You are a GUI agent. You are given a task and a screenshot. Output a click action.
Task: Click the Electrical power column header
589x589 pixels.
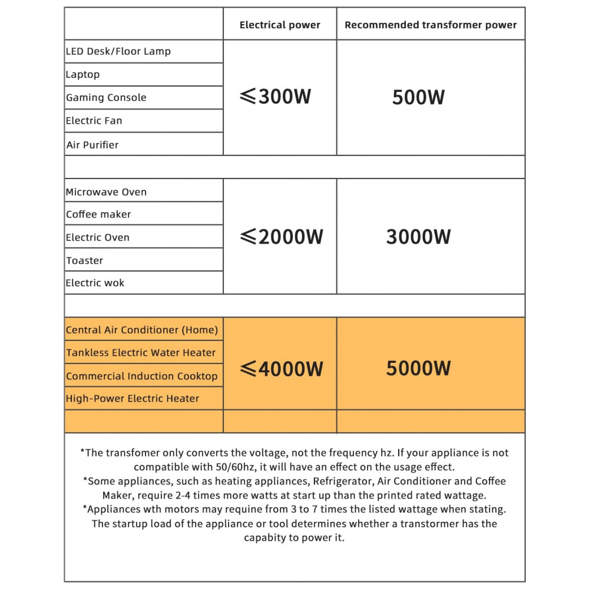click(280, 25)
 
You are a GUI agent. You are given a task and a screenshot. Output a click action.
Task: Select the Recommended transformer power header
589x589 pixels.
click(431, 25)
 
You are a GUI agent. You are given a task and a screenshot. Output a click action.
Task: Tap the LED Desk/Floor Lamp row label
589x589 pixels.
click(118, 51)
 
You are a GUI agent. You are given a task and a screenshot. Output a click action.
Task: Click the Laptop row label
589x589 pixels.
click(83, 74)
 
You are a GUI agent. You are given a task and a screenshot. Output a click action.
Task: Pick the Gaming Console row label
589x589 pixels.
click(106, 97)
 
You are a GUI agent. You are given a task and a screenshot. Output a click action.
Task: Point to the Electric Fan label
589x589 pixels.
click(94, 121)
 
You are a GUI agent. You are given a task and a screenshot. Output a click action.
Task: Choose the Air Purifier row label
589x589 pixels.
click(92, 145)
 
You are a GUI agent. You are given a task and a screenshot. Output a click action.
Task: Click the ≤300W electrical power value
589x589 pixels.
click(276, 97)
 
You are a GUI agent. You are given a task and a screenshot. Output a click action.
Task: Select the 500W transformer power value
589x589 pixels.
click(418, 97)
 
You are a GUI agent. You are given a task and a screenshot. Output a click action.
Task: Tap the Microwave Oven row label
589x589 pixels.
click(107, 192)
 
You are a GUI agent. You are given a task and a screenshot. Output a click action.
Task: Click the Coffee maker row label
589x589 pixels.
click(98, 214)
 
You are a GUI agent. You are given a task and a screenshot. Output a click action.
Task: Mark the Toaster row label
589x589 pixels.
click(85, 260)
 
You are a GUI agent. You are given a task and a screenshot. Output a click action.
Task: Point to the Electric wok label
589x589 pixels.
click(95, 283)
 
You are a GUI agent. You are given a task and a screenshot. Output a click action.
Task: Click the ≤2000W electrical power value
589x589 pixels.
click(282, 237)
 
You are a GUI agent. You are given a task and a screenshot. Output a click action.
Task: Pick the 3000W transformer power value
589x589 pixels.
click(418, 237)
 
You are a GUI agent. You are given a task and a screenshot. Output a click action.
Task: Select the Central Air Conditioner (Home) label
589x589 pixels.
click(142, 330)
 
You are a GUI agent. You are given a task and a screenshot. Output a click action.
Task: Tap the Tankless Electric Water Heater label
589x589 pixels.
click(141, 353)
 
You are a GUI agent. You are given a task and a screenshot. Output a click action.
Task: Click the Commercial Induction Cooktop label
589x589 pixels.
click(142, 376)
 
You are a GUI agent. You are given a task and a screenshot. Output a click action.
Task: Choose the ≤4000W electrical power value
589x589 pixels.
click(282, 369)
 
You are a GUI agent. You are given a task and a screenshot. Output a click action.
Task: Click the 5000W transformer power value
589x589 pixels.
click(418, 368)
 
